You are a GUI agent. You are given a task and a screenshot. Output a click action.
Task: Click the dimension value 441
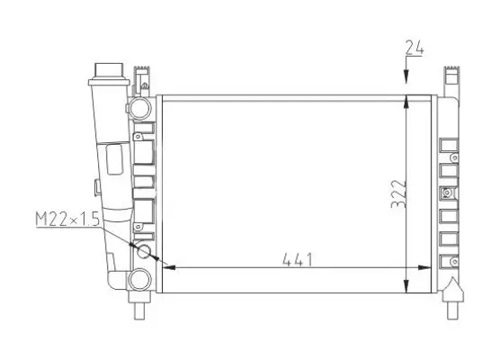(x=298, y=260)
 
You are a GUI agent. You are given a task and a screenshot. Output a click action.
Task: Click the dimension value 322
(x=398, y=191)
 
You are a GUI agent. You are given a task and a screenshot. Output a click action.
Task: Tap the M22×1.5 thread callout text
(x=67, y=219)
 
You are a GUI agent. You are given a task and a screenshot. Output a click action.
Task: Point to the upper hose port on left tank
(x=138, y=108)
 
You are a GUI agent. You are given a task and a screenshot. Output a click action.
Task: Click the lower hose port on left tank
(x=138, y=278)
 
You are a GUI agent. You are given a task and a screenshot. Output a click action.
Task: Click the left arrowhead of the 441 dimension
(x=165, y=267)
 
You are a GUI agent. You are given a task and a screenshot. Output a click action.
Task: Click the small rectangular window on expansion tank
(x=115, y=159)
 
